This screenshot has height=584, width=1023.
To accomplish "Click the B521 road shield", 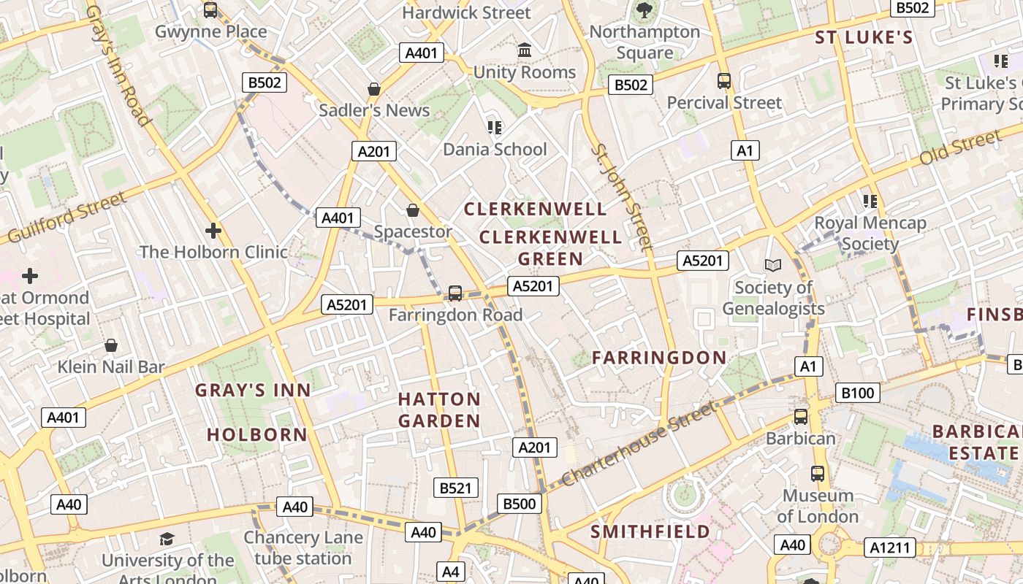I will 455,488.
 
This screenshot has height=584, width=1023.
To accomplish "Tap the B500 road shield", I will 520,503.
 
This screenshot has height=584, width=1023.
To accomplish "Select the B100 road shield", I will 858,393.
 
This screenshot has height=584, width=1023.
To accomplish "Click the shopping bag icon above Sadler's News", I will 374,89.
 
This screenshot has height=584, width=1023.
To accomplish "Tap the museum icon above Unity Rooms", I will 524,50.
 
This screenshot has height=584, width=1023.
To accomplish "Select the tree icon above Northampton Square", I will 644,10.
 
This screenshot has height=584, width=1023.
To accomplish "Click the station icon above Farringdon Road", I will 455,293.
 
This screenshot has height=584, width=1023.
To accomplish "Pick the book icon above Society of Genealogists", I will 773,266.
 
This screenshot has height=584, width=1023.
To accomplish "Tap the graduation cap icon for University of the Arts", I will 167,539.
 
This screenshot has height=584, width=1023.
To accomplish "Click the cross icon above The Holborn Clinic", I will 213,231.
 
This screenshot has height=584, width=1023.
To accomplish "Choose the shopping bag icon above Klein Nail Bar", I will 111,345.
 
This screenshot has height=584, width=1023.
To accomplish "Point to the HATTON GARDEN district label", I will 439,410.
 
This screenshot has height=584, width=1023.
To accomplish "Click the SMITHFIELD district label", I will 650,531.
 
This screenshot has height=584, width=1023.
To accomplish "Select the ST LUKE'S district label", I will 864,38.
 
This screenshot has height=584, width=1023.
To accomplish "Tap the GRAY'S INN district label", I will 253,391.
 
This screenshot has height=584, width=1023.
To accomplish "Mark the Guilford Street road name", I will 64,218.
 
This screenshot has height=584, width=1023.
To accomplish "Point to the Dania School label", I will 495,150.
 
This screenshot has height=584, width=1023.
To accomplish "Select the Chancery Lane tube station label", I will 303,548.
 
